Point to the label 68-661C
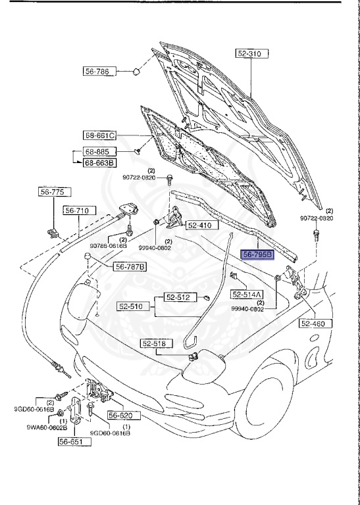point(99,136)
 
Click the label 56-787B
point(130,266)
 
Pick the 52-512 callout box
point(177,298)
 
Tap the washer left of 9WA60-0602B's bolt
point(61,412)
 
